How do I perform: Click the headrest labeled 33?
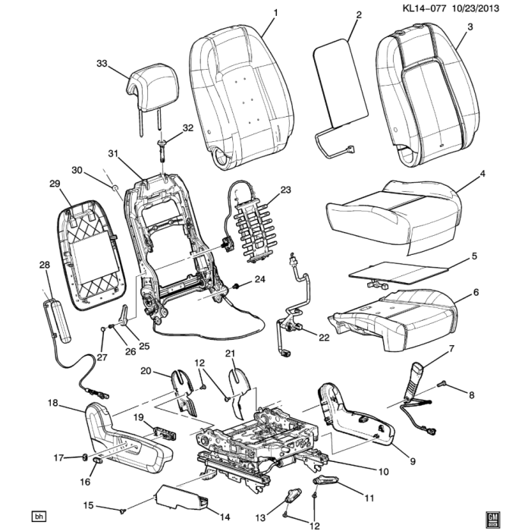click(x=154, y=85)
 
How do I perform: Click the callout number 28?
click(x=43, y=265)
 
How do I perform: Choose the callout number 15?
click(x=88, y=506)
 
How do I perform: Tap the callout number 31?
click(x=113, y=154)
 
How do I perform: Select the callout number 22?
click(x=324, y=338)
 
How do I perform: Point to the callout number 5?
click(x=474, y=256)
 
